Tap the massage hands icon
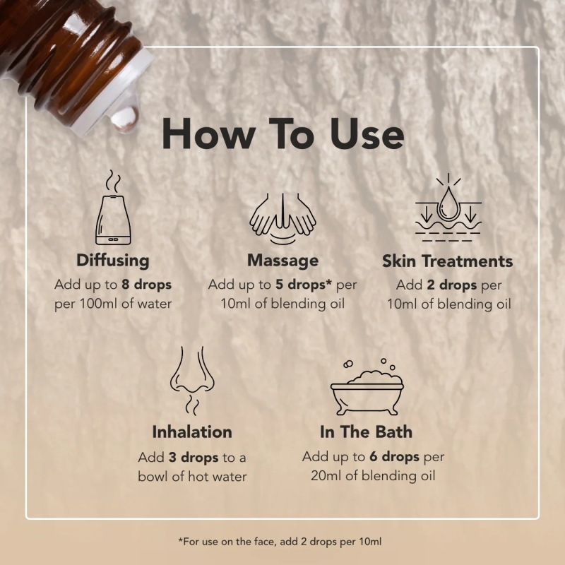(x=283, y=218)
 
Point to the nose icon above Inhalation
(x=192, y=381)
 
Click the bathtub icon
(x=367, y=387)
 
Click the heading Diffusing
(x=113, y=261)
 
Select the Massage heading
(x=283, y=261)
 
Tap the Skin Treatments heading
(x=448, y=261)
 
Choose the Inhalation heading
(x=192, y=432)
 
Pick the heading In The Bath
(x=366, y=432)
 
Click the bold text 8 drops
(x=146, y=285)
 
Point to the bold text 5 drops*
(x=304, y=285)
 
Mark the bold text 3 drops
(x=194, y=458)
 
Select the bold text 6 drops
(x=394, y=457)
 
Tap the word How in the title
(x=208, y=134)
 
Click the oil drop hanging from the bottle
(x=125, y=117)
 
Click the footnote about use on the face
(x=280, y=542)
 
